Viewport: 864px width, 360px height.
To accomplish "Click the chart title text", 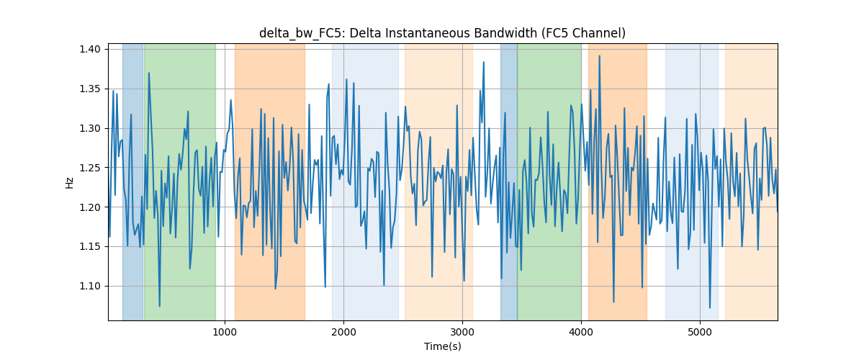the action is pyautogui.click(x=442, y=33).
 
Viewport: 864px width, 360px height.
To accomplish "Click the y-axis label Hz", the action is pyautogui.click(x=69, y=182).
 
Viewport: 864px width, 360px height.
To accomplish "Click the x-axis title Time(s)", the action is pyautogui.click(x=442, y=346).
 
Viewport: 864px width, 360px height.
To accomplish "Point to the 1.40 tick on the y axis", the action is pyautogui.click(x=90, y=49).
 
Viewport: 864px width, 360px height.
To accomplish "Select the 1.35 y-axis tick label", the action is pyautogui.click(x=90, y=89).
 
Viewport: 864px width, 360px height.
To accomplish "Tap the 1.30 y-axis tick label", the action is pyautogui.click(x=90, y=128).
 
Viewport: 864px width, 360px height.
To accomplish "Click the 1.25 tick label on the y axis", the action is pyautogui.click(x=90, y=168).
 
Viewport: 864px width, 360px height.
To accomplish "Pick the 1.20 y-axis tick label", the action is pyautogui.click(x=90, y=207).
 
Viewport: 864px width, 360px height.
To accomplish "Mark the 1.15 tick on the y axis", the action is pyautogui.click(x=90, y=246).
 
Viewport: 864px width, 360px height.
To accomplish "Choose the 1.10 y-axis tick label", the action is pyautogui.click(x=90, y=287).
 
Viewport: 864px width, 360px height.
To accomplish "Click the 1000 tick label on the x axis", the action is pyautogui.click(x=225, y=332).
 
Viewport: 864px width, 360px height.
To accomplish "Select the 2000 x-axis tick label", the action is pyautogui.click(x=343, y=332).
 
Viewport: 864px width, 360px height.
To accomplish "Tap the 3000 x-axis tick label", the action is pyautogui.click(x=462, y=332).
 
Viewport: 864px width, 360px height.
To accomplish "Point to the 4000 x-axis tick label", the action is pyautogui.click(x=581, y=332).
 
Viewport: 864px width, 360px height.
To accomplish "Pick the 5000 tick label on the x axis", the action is pyautogui.click(x=700, y=332).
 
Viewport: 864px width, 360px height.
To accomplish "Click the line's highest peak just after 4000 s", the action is pyautogui.click(x=599, y=56).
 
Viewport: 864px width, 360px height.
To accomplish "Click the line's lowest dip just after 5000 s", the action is pyautogui.click(x=710, y=307).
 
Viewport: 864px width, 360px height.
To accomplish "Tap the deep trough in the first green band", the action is pyautogui.click(x=159, y=307).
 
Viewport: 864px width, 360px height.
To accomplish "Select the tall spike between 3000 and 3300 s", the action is pyautogui.click(x=483, y=62).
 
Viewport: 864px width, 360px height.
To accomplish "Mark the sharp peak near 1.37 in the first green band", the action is pyautogui.click(x=149, y=73).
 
